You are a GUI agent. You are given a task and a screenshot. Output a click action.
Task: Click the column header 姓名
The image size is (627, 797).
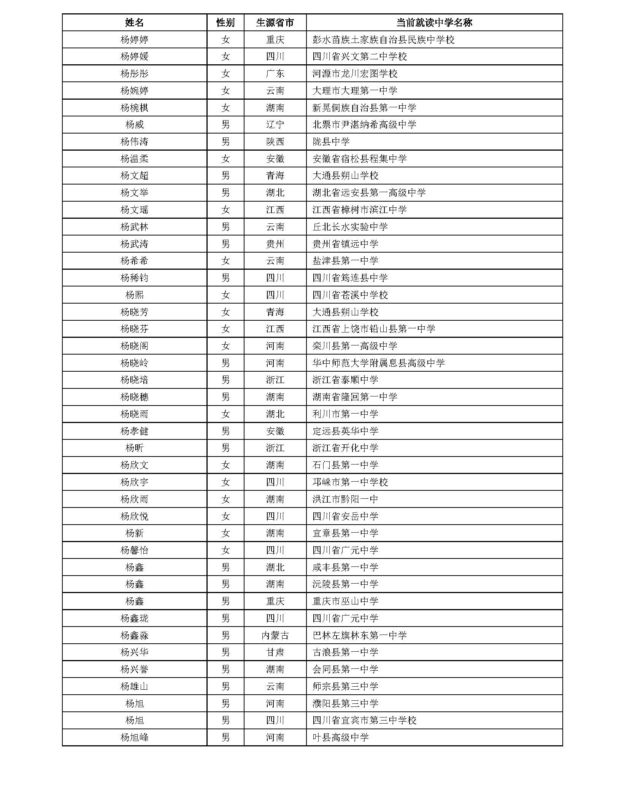134,22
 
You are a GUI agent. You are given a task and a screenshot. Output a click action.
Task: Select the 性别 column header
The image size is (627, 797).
225,22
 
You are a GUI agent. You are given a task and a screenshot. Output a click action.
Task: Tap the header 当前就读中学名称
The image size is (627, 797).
434,22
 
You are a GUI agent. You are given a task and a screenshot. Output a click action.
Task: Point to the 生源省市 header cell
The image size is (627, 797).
275,22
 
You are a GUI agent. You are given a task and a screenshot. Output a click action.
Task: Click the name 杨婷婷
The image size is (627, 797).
134,40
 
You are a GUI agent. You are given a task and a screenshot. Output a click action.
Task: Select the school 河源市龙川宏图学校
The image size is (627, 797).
355,73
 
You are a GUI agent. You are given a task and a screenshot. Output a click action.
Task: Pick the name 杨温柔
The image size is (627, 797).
134,159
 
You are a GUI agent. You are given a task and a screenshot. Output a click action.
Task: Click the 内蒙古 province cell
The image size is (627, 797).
275,635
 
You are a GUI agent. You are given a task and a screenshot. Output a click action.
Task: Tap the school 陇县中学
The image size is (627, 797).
331,142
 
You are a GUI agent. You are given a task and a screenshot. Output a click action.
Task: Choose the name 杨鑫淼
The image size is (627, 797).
134,635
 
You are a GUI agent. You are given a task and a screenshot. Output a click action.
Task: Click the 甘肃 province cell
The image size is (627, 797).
275,652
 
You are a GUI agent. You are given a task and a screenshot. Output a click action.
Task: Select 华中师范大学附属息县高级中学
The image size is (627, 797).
378,363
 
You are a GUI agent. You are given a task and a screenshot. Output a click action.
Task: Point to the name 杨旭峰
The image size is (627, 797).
134,738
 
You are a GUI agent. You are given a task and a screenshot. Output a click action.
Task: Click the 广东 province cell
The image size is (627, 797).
275,73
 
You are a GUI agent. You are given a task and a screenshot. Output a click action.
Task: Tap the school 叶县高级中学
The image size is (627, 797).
340,738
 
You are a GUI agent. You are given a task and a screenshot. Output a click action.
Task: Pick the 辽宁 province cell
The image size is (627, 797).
275,124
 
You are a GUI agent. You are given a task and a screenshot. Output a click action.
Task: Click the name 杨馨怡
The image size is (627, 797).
134,550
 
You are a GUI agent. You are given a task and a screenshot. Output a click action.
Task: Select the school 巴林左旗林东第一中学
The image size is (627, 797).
359,635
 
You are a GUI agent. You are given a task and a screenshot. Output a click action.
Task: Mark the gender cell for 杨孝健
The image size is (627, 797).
225,431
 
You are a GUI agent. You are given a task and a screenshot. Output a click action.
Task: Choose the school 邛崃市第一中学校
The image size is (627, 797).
350,482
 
